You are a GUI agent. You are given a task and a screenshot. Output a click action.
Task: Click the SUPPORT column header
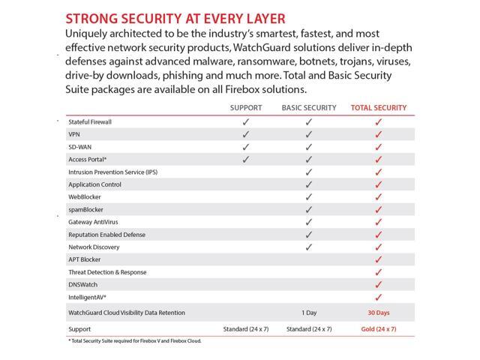click(245, 108)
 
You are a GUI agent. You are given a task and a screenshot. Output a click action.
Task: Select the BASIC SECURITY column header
click(309, 108)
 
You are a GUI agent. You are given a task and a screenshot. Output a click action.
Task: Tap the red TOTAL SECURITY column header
click(379, 108)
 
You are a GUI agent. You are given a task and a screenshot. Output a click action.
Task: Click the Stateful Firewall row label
click(90, 121)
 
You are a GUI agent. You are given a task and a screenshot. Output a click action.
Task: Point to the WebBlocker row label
click(85, 197)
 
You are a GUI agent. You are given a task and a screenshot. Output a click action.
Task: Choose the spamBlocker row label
click(86, 209)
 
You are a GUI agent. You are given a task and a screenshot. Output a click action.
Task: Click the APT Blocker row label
click(84, 259)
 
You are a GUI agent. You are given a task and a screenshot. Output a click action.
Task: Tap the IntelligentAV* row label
click(88, 298)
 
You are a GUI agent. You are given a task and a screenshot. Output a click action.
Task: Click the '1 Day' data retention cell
click(309, 313)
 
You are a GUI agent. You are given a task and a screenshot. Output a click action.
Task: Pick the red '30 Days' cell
click(379, 313)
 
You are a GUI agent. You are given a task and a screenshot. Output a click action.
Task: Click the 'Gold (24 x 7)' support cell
click(379, 329)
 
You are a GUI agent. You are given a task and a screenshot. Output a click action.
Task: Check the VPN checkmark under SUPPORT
click(245, 134)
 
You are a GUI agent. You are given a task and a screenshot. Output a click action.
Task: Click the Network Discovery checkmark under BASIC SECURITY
click(309, 247)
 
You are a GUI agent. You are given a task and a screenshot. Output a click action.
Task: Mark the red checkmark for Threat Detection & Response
click(379, 272)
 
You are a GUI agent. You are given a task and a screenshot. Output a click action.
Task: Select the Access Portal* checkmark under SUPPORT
click(245, 160)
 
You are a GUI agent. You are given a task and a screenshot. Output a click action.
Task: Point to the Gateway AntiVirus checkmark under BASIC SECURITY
click(309, 222)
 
